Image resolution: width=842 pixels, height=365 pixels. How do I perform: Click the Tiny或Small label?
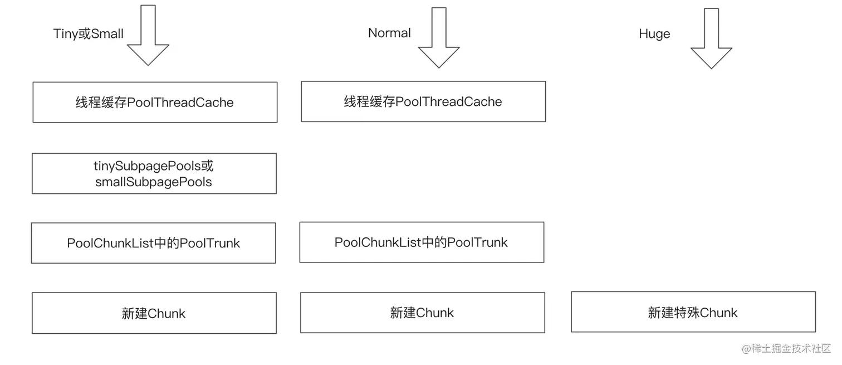[x=89, y=34]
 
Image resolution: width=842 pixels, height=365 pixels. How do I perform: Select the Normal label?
[x=389, y=33]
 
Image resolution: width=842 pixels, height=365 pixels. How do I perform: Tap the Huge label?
[x=654, y=34]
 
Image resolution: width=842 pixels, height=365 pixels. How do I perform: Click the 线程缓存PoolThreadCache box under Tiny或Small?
[x=155, y=103]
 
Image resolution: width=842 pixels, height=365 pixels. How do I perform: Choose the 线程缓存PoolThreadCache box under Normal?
[x=423, y=101]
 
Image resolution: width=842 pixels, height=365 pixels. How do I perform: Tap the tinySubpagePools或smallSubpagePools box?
[x=154, y=174]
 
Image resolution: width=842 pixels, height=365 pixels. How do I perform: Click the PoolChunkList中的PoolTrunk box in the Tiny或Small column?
[x=154, y=244]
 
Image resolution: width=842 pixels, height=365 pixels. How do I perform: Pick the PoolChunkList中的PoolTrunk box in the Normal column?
[x=422, y=242]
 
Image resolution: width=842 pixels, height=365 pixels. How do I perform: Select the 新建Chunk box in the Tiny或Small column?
[x=154, y=313]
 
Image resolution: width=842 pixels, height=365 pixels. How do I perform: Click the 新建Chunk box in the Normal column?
[x=423, y=313]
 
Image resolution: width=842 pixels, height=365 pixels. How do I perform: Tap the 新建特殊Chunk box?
[x=693, y=312]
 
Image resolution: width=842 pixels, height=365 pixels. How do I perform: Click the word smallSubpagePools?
[x=154, y=182]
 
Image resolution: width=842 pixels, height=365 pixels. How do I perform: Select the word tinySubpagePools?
[x=148, y=166]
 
